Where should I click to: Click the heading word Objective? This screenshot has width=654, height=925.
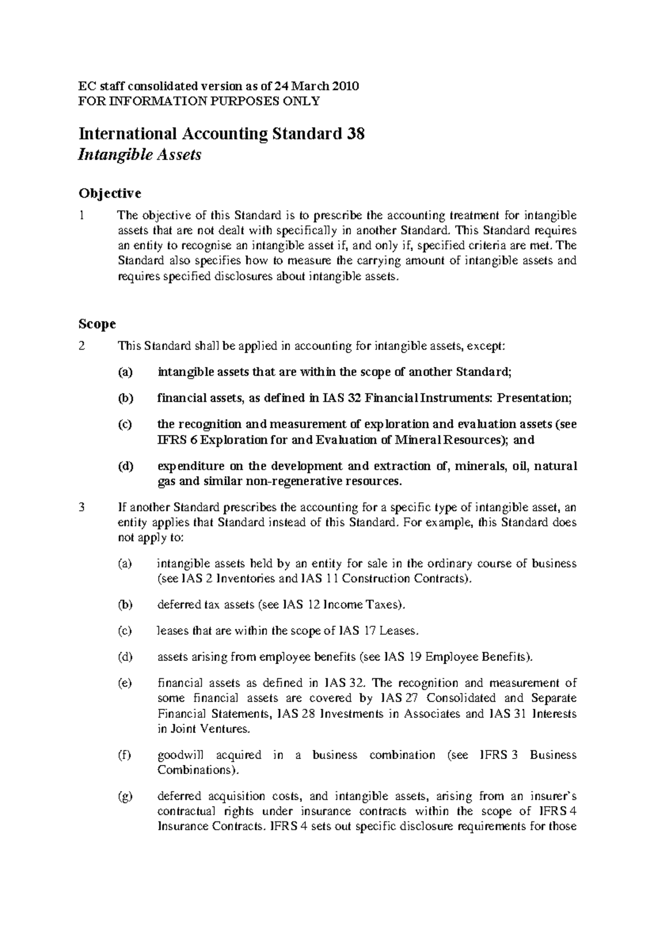coord(110,193)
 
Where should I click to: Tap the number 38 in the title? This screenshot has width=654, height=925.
coord(355,133)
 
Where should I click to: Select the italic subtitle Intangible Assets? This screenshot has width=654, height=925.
coord(140,155)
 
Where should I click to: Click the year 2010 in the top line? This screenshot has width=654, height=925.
coord(345,86)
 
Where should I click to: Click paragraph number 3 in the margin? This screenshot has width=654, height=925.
coord(82,508)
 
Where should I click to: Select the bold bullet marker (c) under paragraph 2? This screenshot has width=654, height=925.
coord(125,424)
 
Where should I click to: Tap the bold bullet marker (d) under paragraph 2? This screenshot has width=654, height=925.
coord(125,466)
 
